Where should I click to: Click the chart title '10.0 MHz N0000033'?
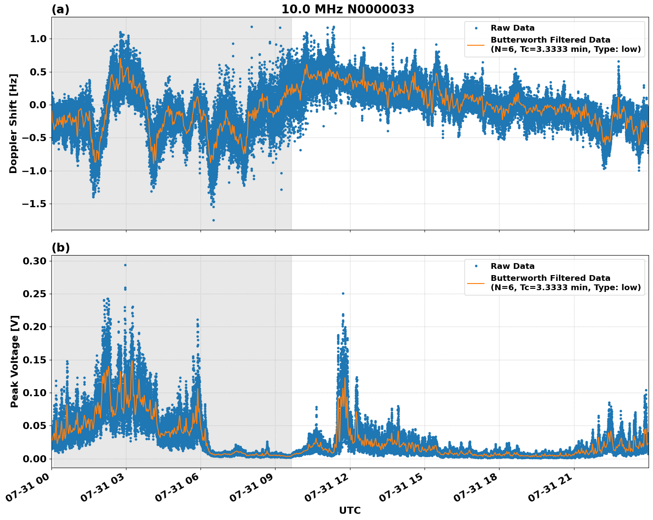tap(347, 9)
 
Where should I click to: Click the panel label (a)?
tap(60, 9)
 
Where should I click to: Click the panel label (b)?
tap(60, 248)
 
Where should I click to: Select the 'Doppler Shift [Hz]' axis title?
tap(13, 123)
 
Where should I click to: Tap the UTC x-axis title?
tap(350, 510)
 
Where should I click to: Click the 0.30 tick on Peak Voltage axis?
tap(35, 261)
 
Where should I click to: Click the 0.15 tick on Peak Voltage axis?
tap(35, 360)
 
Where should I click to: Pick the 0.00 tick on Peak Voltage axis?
tap(35, 459)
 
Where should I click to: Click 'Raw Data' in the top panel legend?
tap(512, 28)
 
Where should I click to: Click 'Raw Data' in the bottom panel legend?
tap(512, 266)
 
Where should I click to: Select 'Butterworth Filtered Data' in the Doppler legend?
tap(550, 40)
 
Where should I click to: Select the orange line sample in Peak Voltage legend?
tap(476, 283)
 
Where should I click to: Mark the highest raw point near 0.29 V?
tap(125, 265)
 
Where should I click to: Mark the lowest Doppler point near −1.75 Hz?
tap(213, 220)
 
